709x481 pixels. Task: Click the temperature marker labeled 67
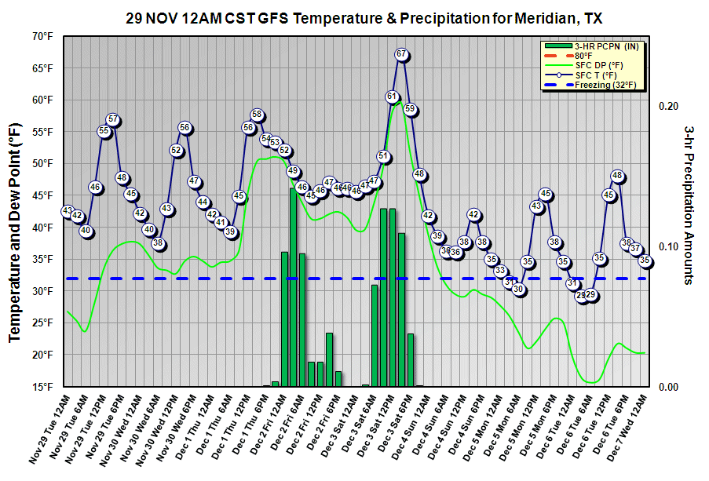pyautogui.click(x=401, y=54)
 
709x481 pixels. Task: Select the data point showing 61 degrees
pyautogui.click(x=392, y=96)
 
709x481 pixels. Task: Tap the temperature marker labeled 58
pyautogui.click(x=257, y=115)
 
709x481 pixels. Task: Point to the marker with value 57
pyautogui.click(x=113, y=120)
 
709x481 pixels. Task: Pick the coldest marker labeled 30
pyautogui.click(x=518, y=289)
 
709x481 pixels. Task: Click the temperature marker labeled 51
pyautogui.click(x=383, y=156)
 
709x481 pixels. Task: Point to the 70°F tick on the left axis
pyautogui.click(x=43, y=36)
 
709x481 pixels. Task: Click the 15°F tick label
pyautogui.click(x=43, y=387)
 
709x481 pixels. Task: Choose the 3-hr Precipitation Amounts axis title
pyautogui.click(x=689, y=205)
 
